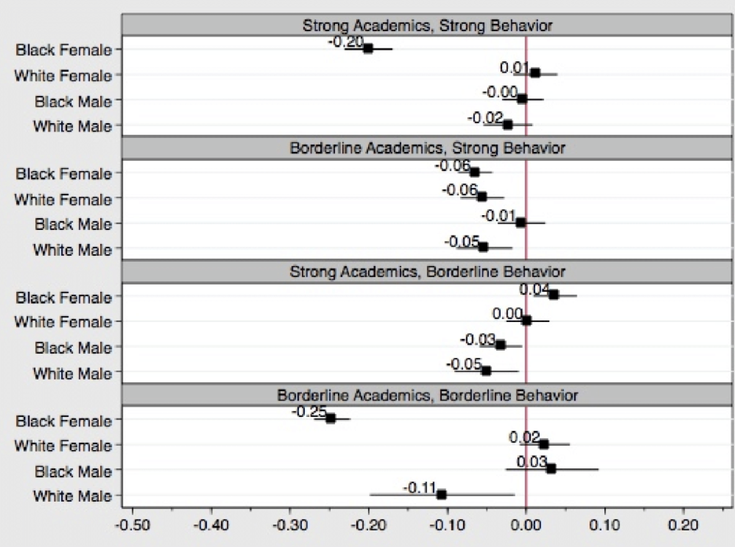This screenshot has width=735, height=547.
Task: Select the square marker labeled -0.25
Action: coord(331,418)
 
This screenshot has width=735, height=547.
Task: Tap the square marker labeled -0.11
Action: coord(441,494)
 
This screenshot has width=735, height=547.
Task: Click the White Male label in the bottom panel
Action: coord(72,496)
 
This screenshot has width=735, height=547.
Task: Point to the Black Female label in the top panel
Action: coord(64,50)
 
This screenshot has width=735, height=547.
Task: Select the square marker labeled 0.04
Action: coord(553,294)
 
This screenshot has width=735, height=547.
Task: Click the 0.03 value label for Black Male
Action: coord(529,461)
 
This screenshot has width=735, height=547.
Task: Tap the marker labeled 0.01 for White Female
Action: coord(535,72)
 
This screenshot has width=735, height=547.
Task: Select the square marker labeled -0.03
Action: coord(501,345)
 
